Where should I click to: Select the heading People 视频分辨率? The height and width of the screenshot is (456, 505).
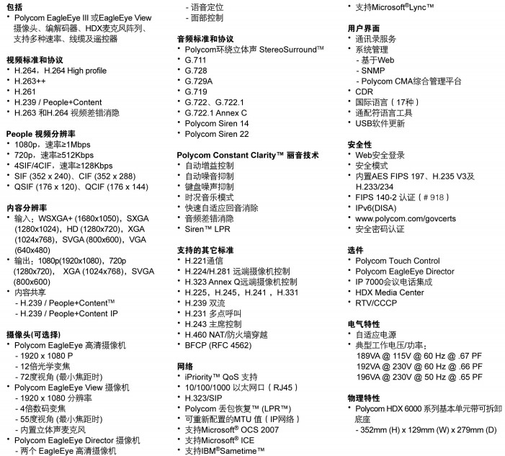pos(45,133)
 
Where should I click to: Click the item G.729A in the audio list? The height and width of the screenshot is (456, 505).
pos(200,81)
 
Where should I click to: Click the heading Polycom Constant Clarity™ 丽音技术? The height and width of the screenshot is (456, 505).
pos(248,155)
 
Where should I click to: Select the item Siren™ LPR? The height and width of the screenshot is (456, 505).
pos(207,228)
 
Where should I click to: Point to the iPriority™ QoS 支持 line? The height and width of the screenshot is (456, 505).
pos(221,376)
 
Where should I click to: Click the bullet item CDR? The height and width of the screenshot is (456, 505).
pos(365,91)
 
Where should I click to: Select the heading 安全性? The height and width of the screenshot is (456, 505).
pos(359,143)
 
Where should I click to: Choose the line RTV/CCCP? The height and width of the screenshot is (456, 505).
pos(378,303)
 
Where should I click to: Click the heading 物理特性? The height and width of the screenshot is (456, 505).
pos(364,397)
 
